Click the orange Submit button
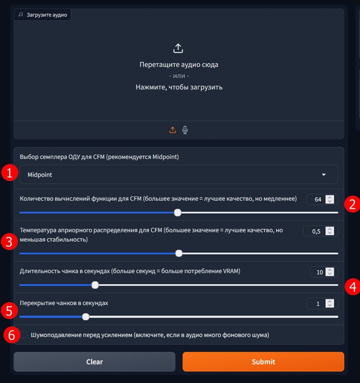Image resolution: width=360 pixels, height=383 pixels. tap(263, 361)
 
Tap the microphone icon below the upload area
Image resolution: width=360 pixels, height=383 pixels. tap(185, 130)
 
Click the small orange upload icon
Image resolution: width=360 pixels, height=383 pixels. tap(173, 130)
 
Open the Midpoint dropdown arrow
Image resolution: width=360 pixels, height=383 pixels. tap(323, 175)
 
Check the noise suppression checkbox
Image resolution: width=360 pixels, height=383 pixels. tap(24, 335)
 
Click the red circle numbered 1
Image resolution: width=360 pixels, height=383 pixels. tap(10, 173)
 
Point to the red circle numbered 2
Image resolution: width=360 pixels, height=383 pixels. tap(352, 204)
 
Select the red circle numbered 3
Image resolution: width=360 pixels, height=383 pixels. tap(9, 241)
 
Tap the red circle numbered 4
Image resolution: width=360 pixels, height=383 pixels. tap(353, 287)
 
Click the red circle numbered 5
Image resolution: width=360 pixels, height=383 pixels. tap(9, 311)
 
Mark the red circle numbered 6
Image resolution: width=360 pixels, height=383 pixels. tap(12, 335)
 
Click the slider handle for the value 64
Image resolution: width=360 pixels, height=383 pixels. tap(177, 213)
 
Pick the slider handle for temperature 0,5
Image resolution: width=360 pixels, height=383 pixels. tap(179, 253)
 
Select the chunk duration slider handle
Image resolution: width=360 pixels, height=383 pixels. tap(95, 285)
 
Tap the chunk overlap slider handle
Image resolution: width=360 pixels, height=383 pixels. tap(86, 317)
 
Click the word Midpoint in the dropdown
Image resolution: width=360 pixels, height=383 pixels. tap(40, 175)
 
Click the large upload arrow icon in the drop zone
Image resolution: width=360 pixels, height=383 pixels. tap(178, 48)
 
